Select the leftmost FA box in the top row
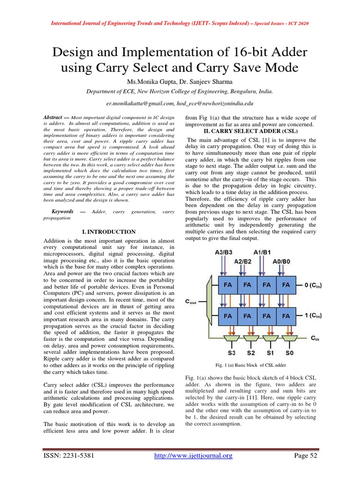tap(228, 285)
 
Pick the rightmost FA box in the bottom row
tap(285, 316)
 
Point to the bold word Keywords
tap(62, 212)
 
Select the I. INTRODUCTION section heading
tap(109, 232)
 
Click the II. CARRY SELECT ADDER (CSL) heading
tap(251, 131)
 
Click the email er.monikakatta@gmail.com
tap(139, 103)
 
